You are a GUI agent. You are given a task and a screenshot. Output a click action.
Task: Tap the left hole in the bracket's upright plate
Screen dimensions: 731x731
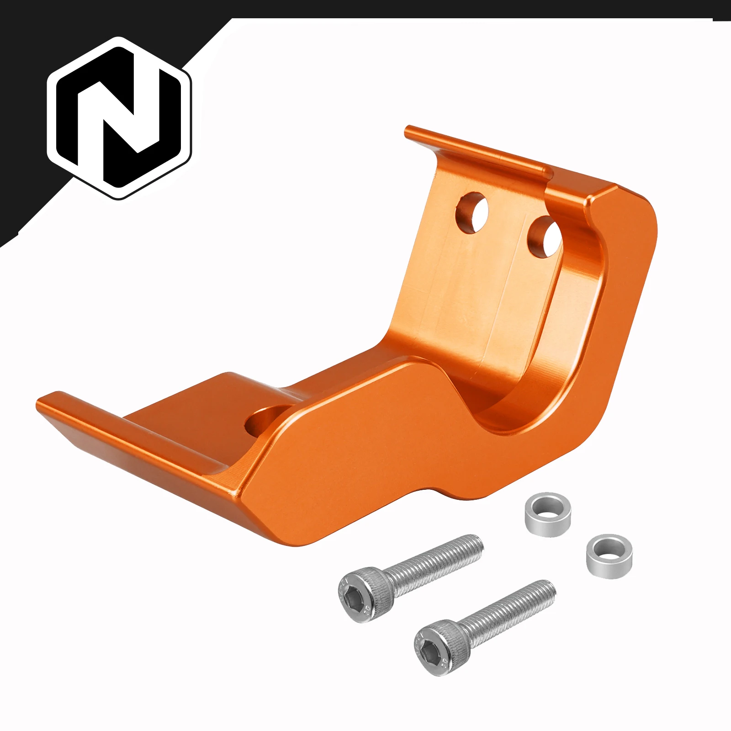(x=473, y=212)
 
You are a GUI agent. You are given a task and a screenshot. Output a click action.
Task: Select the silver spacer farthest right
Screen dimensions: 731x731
(x=609, y=556)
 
